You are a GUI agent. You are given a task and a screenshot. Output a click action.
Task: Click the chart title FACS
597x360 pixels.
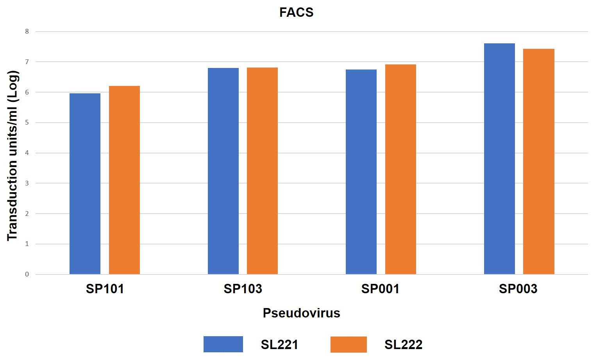pos(296,12)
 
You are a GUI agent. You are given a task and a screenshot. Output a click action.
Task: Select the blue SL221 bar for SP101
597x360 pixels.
pos(85,184)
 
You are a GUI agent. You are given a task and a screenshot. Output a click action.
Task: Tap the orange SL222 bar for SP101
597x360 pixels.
pos(124,180)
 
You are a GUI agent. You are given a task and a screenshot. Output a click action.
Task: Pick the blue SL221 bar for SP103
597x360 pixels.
pos(223,171)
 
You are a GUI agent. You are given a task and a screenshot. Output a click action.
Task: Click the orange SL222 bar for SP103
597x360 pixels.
pos(262,171)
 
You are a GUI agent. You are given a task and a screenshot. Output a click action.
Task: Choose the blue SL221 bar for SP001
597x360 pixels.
pos(361,172)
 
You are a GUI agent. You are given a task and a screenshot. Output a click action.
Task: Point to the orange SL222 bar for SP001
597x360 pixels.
pos(400,169)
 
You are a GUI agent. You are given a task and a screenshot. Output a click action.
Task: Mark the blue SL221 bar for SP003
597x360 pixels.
pos(499,159)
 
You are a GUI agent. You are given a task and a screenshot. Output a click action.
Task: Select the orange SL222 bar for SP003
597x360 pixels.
pos(538,161)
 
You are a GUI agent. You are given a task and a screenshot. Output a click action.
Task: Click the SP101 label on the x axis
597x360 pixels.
pos(105,289)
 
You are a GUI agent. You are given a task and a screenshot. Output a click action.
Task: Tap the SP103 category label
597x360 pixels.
pos(243,289)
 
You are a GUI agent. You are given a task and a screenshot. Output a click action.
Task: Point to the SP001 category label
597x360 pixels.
pos(380,289)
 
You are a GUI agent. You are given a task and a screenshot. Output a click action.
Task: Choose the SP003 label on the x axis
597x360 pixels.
pos(518,289)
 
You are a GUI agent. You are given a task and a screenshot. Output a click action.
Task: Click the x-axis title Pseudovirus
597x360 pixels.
pos(301,313)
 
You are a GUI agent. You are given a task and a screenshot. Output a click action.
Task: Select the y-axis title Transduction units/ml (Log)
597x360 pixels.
pos(13,155)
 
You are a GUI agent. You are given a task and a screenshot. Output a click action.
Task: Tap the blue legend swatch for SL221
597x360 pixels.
pos(223,344)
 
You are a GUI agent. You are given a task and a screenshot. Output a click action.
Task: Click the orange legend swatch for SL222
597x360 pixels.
pos(349,344)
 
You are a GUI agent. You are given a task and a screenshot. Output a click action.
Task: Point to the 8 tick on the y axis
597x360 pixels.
pos(27,32)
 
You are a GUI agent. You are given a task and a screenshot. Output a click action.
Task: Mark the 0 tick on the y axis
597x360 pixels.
pos(27,274)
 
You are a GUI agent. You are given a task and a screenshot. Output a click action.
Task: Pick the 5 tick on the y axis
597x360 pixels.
pos(27,123)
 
